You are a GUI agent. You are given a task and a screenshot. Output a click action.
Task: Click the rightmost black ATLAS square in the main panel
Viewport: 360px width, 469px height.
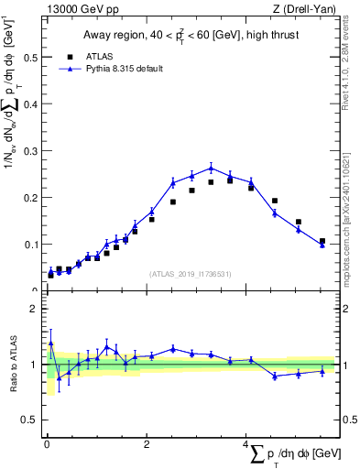[322, 241]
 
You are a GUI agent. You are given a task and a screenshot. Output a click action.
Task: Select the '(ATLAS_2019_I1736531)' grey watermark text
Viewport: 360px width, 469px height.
[189, 274]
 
